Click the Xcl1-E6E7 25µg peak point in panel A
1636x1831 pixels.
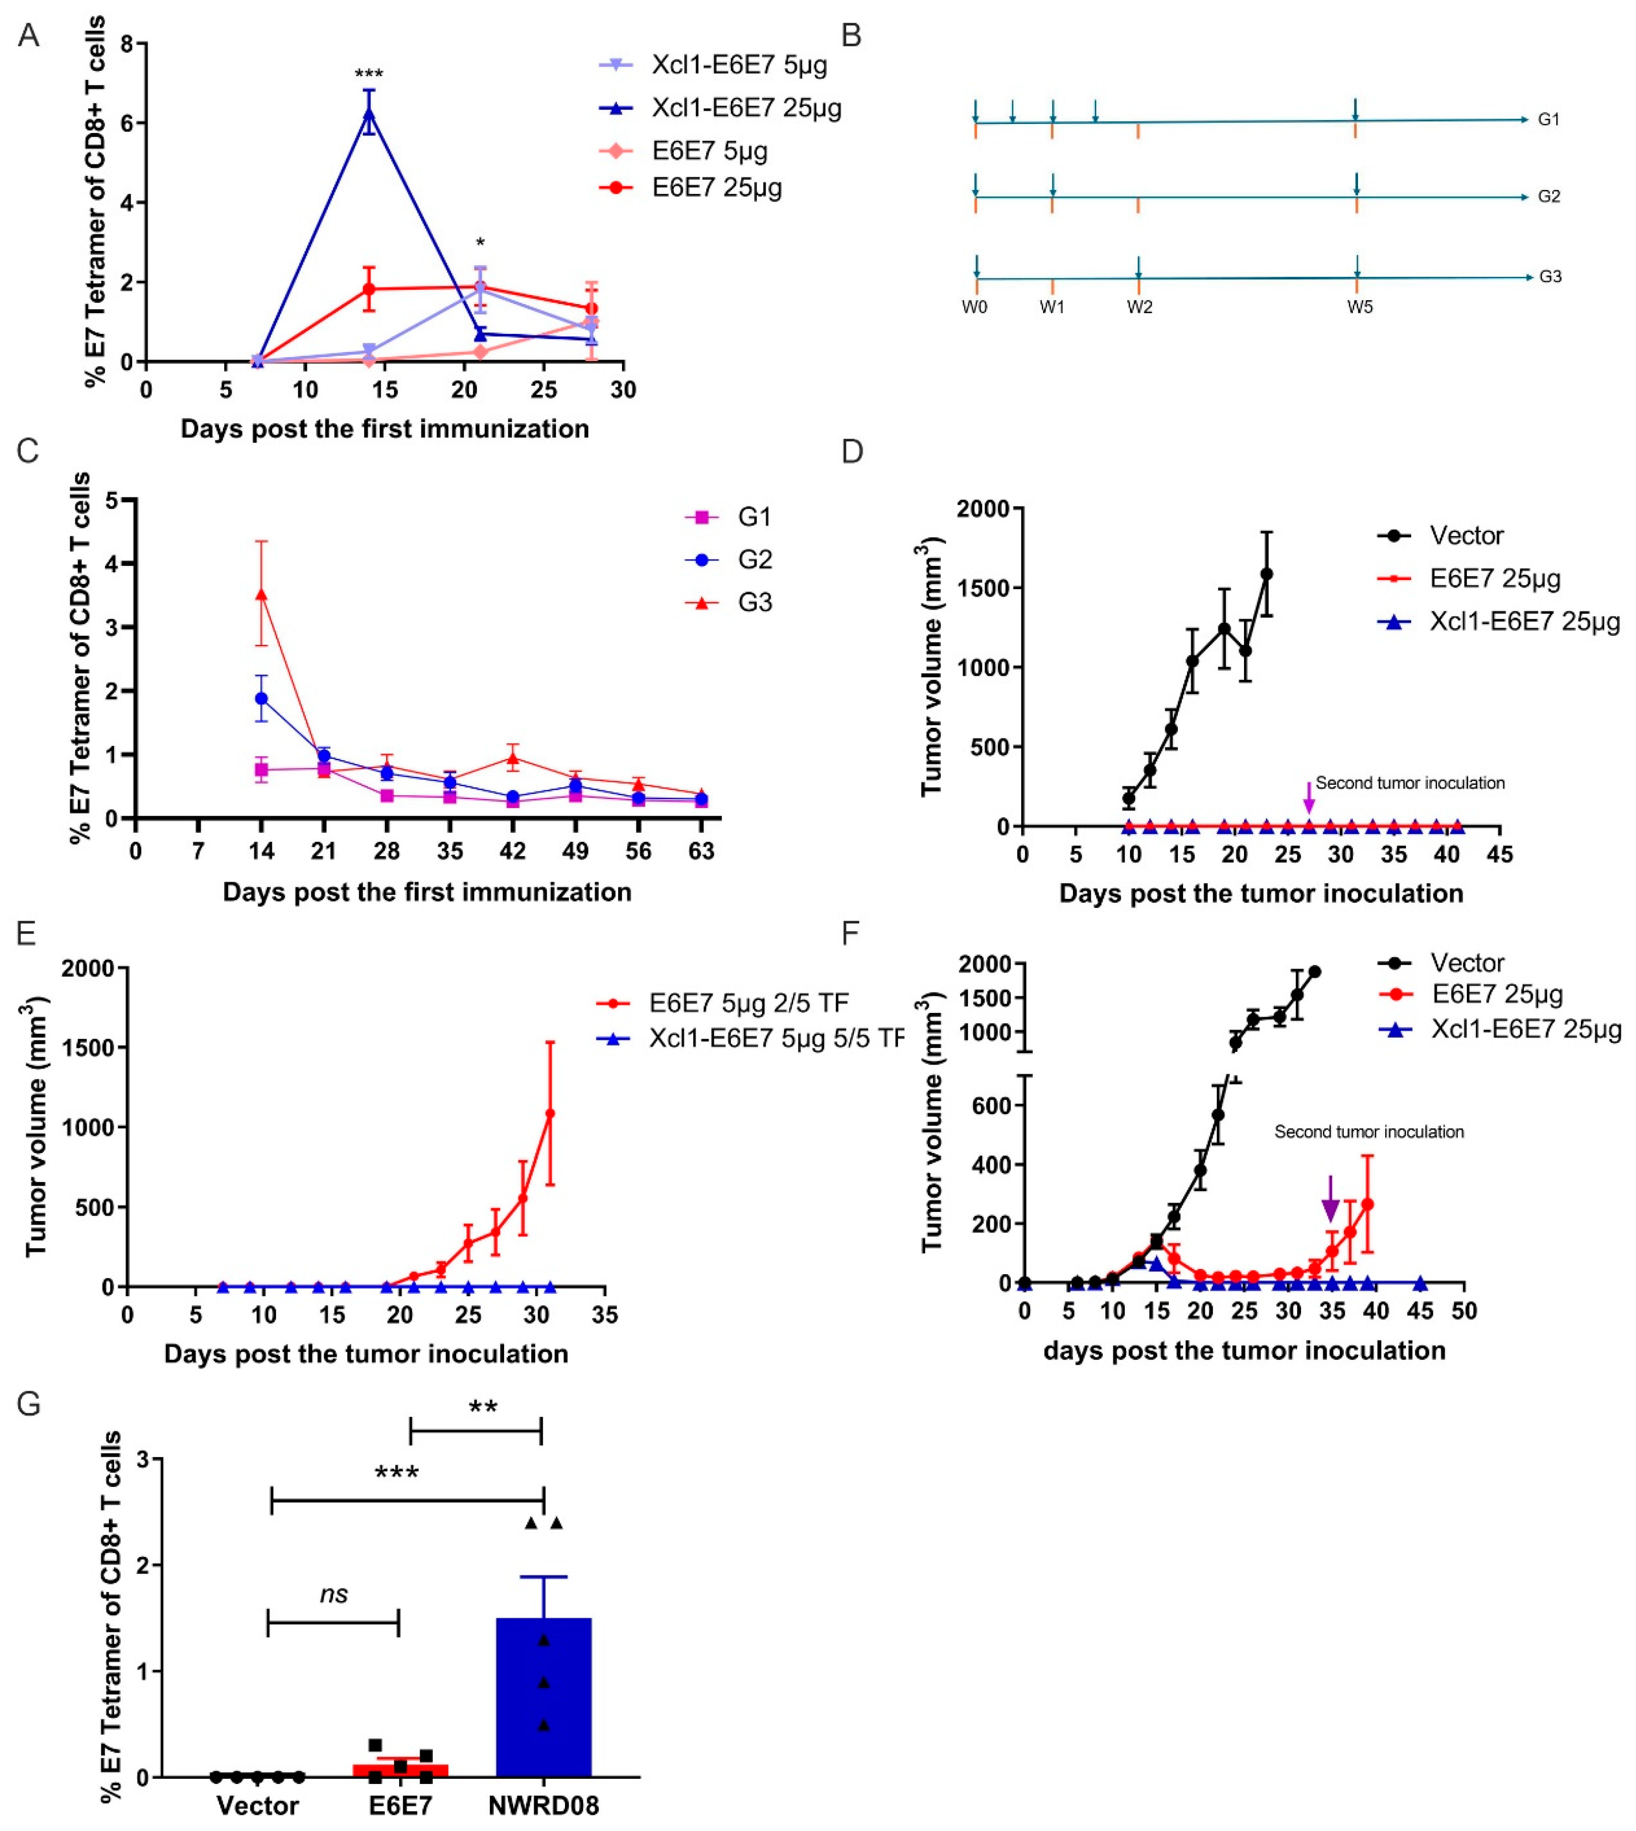[x=369, y=112]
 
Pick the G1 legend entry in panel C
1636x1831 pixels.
[x=753, y=517]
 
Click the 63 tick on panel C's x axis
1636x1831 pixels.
[x=701, y=850]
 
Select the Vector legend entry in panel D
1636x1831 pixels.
[x=1466, y=536]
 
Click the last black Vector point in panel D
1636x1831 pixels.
[x=1266, y=573]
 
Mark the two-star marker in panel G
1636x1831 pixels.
[x=483, y=1407]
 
